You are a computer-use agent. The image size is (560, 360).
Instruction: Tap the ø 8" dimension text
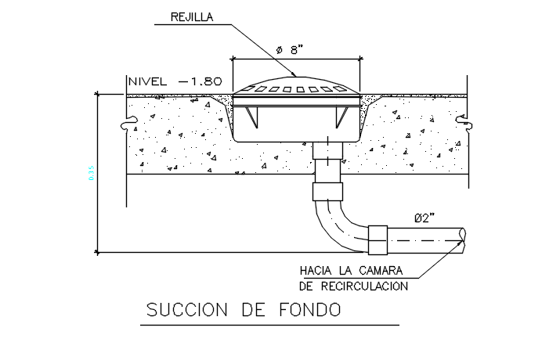289,49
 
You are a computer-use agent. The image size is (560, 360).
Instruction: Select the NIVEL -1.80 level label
175,81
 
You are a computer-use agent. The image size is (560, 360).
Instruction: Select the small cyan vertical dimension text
91,174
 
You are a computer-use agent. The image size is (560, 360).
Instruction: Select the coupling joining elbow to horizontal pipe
378,239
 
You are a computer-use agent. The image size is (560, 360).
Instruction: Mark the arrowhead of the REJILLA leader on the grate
294,76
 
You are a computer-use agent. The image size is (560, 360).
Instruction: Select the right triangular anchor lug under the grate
340,117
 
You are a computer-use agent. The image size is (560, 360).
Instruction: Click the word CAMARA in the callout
381,271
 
